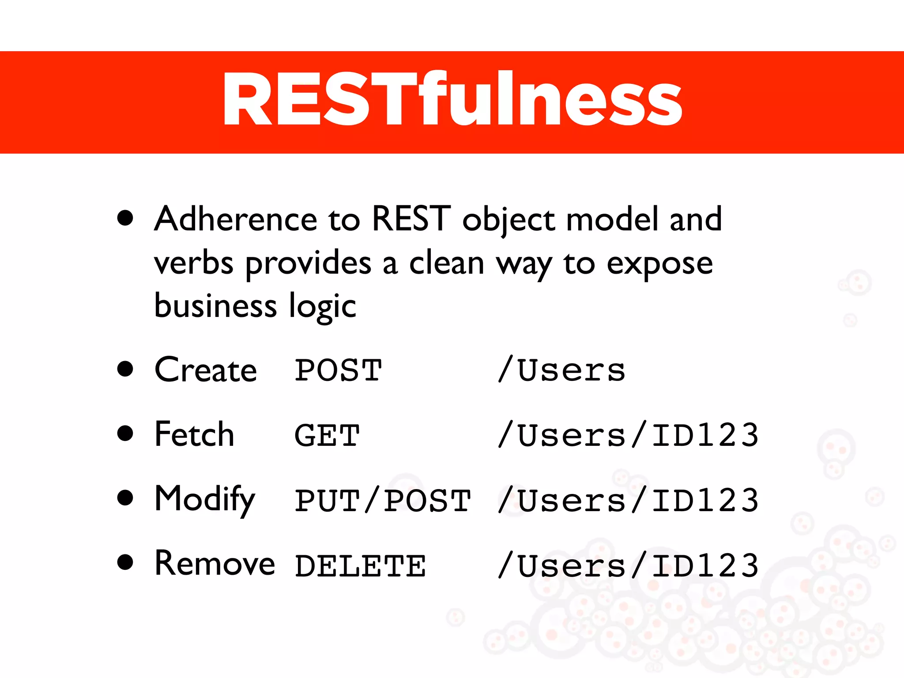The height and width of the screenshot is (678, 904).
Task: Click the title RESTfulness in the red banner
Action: (x=452, y=100)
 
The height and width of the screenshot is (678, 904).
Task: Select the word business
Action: (x=215, y=306)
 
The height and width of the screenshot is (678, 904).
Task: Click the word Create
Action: (x=206, y=370)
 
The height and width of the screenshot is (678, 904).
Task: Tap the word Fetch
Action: (x=194, y=435)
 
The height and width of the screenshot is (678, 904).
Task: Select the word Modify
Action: (x=205, y=500)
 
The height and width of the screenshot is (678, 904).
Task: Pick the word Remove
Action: (x=215, y=564)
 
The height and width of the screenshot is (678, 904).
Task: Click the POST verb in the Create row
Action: (x=338, y=370)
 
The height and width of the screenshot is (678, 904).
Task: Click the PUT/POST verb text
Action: (x=383, y=501)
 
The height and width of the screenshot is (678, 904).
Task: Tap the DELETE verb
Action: (x=360, y=566)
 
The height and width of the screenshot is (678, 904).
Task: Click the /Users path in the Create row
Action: (x=561, y=370)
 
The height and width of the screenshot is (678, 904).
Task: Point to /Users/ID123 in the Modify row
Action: (x=628, y=501)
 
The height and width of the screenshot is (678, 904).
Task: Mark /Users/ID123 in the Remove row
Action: (x=628, y=566)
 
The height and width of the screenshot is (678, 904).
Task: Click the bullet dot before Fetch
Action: (x=125, y=433)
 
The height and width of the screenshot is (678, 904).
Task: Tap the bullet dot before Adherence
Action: (x=125, y=218)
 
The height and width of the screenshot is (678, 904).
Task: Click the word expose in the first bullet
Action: (x=659, y=264)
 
